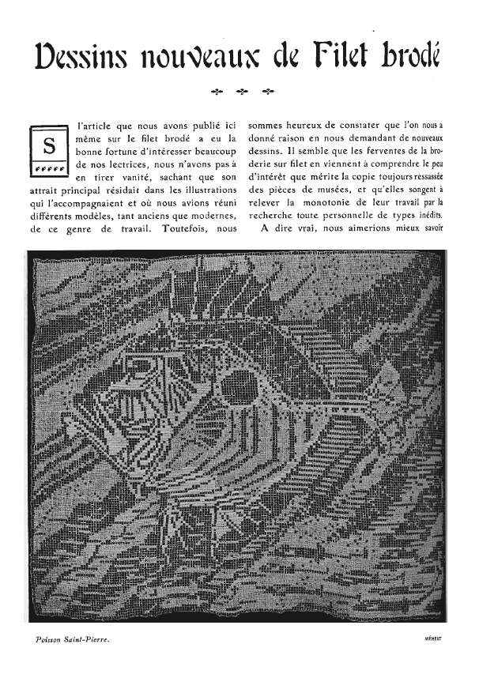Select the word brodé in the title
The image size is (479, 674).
[408, 55]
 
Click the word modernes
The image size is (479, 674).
[209, 218]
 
